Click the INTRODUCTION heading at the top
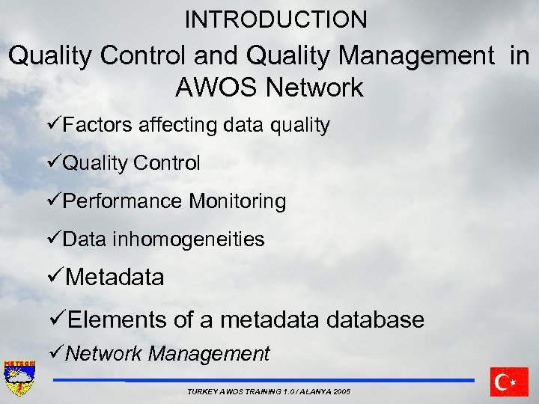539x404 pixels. pos(275,20)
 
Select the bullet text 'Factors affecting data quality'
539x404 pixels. pos(195,125)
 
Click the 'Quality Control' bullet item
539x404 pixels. pos(131,163)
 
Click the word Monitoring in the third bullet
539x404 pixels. pos(237,201)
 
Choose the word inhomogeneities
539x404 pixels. pos(188,239)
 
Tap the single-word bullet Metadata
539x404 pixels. pos(115,278)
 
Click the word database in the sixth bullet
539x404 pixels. pos(371,320)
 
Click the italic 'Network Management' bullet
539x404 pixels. pos(167,354)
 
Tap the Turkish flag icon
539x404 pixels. pos(509,382)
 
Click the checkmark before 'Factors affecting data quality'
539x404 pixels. pos(53,125)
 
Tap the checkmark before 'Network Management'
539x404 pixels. pos(55,353)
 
